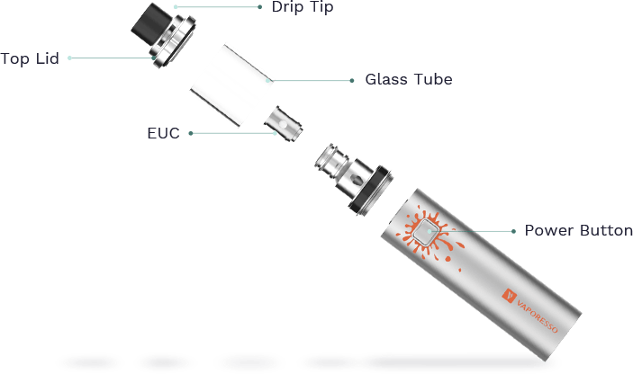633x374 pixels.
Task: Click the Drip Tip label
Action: point(303,7)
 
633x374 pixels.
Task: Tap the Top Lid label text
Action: point(30,58)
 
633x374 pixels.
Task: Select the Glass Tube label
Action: point(409,79)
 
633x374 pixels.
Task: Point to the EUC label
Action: point(163,133)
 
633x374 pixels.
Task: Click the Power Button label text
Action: point(578,230)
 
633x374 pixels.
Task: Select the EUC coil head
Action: point(284,124)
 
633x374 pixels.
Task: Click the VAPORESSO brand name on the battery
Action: point(537,316)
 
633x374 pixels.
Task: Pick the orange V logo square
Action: point(509,296)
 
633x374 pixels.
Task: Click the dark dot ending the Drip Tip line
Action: point(259,7)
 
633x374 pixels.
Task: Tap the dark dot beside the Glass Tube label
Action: point(352,81)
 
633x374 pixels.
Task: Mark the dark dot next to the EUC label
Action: point(191,133)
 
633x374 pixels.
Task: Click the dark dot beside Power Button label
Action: point(513,231)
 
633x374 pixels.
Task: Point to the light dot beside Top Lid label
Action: point(69,58)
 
